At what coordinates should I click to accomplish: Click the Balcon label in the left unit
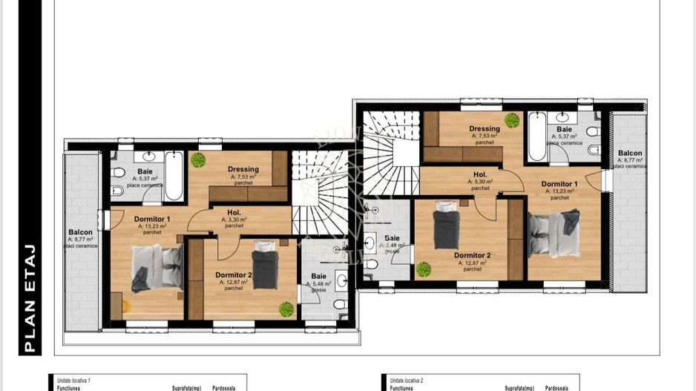(80, 232)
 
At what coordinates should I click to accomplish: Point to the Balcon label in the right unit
(630, 153)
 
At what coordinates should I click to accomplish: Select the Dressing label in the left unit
(243, 169)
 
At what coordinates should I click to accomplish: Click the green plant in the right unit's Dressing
(511, 120)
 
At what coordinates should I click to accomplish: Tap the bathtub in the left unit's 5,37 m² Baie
(174, 175)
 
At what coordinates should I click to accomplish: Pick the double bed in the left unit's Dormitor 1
(157, 267)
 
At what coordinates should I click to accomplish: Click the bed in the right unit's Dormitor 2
(447, 229)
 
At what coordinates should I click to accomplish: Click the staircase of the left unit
(318, 193)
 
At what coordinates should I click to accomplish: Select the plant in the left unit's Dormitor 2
(286, 309)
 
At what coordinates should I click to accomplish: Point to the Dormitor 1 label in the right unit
(559, 184)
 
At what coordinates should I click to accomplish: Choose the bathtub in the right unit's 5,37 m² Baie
(537, 136)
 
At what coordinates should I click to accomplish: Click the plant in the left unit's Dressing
(197, 160)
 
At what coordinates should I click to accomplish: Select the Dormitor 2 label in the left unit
(234, 275)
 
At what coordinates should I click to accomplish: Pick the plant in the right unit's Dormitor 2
(424, 269)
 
